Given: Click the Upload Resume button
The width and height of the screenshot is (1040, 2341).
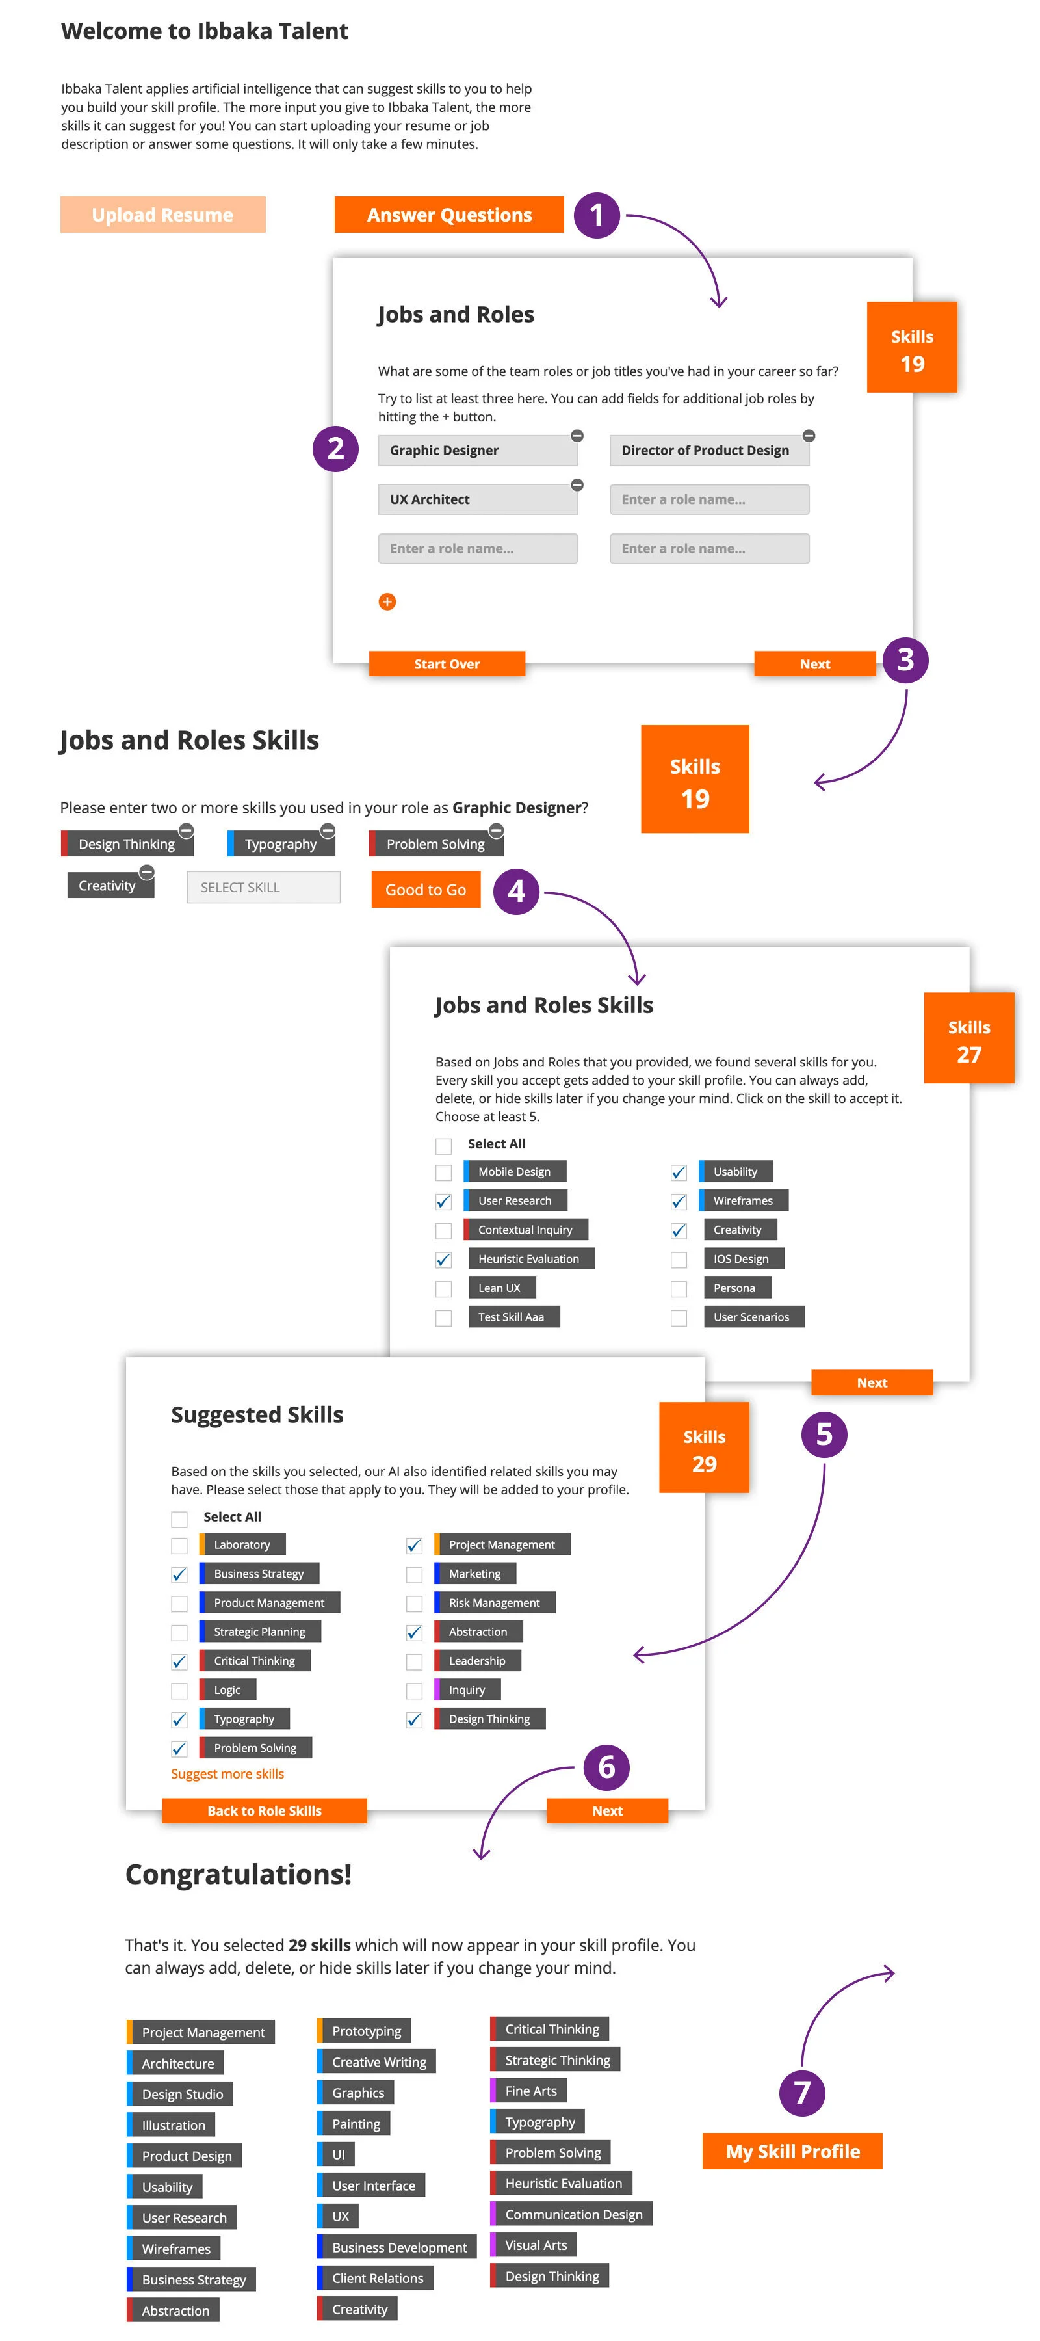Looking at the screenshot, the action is (x=162, y=215).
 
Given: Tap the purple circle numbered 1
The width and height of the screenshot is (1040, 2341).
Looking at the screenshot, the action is (x=596, y=215).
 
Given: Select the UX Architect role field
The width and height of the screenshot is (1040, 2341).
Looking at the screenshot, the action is (x=477, y=499).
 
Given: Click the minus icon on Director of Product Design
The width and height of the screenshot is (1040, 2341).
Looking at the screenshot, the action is (x=809, y=436).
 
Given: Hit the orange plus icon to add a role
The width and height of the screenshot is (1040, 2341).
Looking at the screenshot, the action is (x=387, y=602).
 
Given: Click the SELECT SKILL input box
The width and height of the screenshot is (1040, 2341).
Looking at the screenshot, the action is (x=263, y=887).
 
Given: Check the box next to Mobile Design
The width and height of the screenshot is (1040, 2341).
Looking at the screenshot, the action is (x=443, y=1172).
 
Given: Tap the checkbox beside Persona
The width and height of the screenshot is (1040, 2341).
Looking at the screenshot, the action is (x=679, y=1289).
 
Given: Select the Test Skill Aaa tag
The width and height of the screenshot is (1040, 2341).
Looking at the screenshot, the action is (x=513, y=1317).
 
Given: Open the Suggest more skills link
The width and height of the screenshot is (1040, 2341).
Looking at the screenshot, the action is (x=227, y=1773).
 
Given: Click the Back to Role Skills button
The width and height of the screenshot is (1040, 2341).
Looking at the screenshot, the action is (x=265, y=1810).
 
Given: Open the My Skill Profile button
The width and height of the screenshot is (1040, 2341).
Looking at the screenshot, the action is (x=792, y=2151).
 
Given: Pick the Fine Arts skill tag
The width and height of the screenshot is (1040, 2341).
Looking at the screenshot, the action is (x=530, y=2091).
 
